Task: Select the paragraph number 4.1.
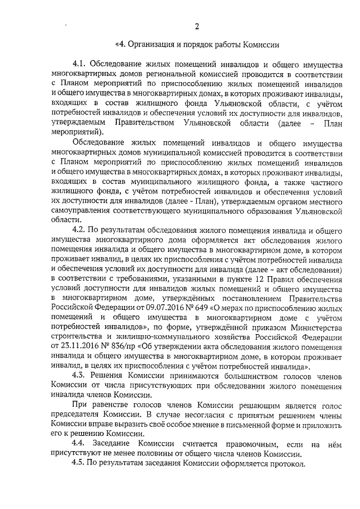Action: (82, 63)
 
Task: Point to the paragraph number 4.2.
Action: (82, 229)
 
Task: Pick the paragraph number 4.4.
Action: (82, 444)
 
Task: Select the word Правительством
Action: (145, 122)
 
